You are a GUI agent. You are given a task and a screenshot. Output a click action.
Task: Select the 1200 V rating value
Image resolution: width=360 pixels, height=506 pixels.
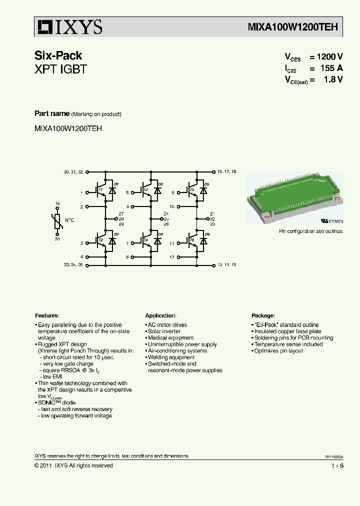pos(329,57)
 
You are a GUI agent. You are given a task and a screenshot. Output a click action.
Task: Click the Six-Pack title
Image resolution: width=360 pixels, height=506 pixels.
pos(58,55)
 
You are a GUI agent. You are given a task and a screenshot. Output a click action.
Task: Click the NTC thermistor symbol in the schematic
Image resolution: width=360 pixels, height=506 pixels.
pos(57,221)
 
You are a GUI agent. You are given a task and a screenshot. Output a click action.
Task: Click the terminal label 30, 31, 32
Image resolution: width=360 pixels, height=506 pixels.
pos(73,172)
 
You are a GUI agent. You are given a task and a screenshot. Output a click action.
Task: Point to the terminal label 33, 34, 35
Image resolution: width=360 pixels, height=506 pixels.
pos(73,264)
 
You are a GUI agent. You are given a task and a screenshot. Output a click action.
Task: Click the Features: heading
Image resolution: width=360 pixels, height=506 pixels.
pos(47,316)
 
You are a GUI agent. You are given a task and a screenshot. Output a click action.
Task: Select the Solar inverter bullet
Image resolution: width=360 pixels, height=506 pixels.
pos(164,331)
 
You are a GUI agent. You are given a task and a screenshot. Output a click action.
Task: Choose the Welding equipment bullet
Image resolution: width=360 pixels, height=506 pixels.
pos(170,357)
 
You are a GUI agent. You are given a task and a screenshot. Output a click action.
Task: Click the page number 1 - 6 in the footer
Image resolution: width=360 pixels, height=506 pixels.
pos(337,466)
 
